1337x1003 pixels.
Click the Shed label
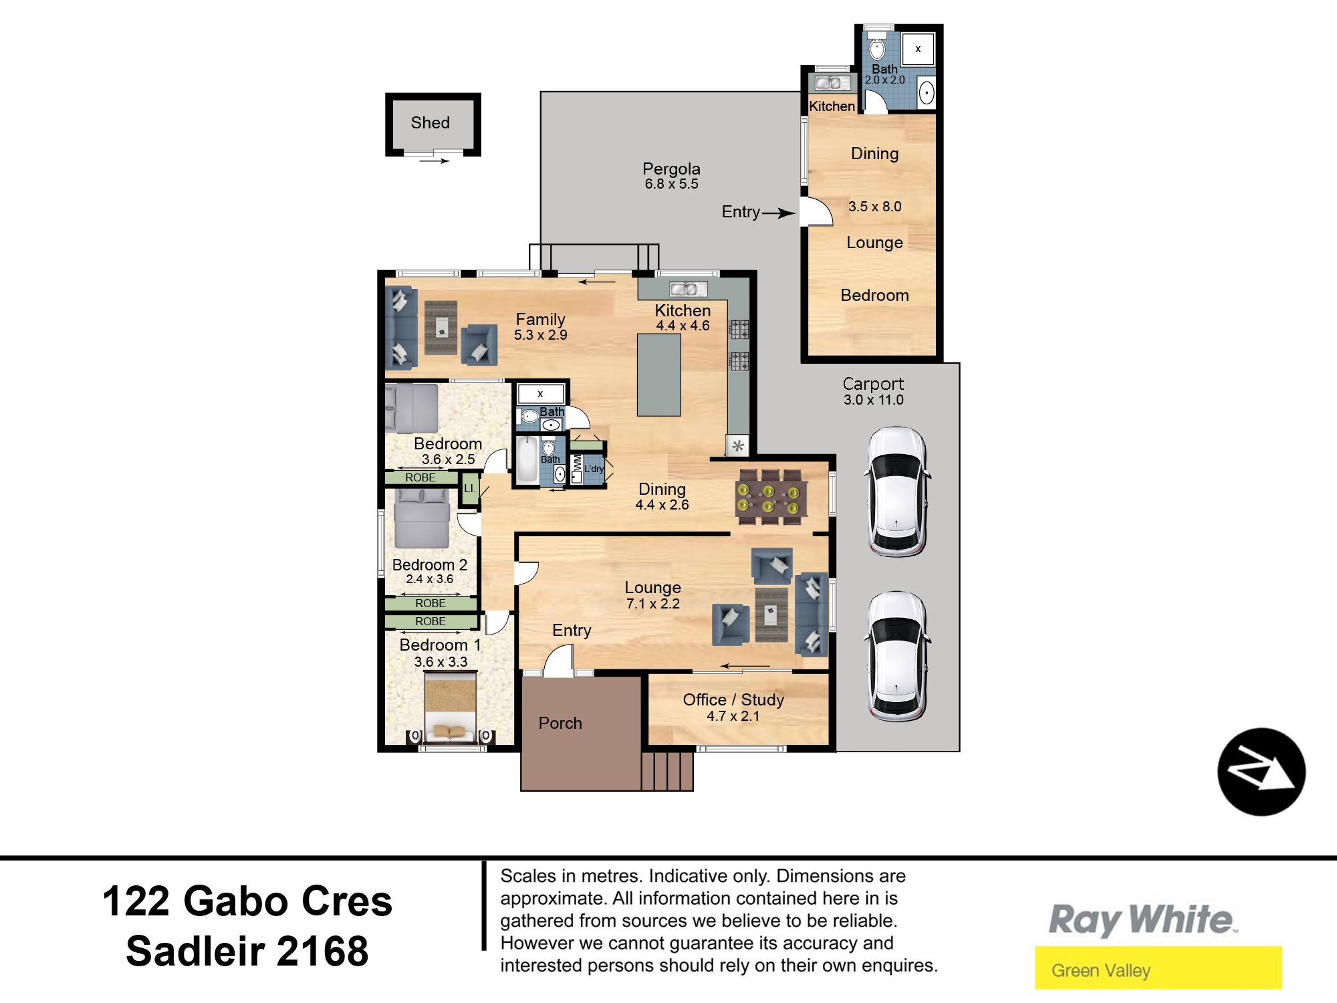(430, 122)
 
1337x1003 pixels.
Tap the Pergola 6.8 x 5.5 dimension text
(671, 184)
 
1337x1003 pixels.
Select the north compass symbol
(1261, 772)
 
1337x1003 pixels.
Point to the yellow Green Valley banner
(1159, 968)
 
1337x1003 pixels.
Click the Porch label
(560, 723)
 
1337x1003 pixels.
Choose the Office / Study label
(733, 699)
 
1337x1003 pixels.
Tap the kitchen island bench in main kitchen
(658, 374)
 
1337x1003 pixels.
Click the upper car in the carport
(897, 491)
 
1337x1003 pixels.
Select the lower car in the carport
(897, 656)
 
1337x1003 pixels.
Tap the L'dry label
(594, 469)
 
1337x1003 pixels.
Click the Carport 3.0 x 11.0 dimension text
(873, 400)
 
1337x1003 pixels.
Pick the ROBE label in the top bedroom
(420, 477)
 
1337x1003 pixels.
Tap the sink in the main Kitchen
(684, 289)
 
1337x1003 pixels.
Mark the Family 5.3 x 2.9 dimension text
(540, 335)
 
